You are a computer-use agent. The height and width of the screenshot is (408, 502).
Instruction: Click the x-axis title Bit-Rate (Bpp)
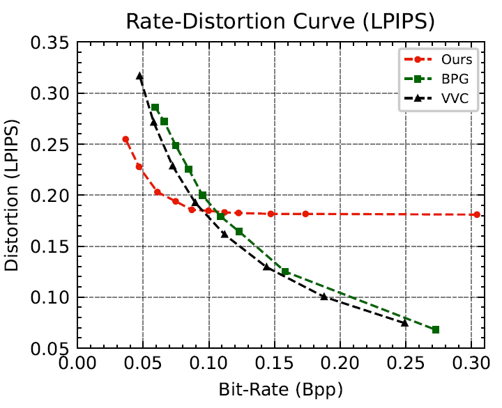click(x=280, y=391)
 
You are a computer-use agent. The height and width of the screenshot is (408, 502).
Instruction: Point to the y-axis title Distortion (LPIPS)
click(x=13, y=196)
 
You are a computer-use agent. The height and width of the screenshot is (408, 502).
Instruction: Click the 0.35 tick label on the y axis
click(x=51, y=42)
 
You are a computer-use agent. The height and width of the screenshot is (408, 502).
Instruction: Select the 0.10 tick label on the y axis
click(x=51, y=298)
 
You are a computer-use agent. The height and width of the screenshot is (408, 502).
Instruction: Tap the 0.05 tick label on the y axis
click(x=51, y=349)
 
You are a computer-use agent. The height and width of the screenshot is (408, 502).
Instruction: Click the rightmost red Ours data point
click(x=477, y=214)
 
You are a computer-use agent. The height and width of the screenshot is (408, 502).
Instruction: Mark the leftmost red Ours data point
click(x=125, y=139)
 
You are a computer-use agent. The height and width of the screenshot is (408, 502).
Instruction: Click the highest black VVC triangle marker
click(x=139, y=76)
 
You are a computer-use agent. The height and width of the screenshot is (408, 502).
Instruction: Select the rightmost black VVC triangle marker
click(x=404, y=322)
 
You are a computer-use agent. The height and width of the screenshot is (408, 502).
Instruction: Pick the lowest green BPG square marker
click(x=436, y=329)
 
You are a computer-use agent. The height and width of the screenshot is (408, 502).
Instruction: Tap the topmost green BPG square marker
click(x=155, y=108)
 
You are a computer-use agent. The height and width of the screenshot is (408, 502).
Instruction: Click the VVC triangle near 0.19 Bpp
click(x=324, y=297)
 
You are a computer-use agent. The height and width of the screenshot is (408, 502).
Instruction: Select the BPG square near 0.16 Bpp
click(x=285, y=272)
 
